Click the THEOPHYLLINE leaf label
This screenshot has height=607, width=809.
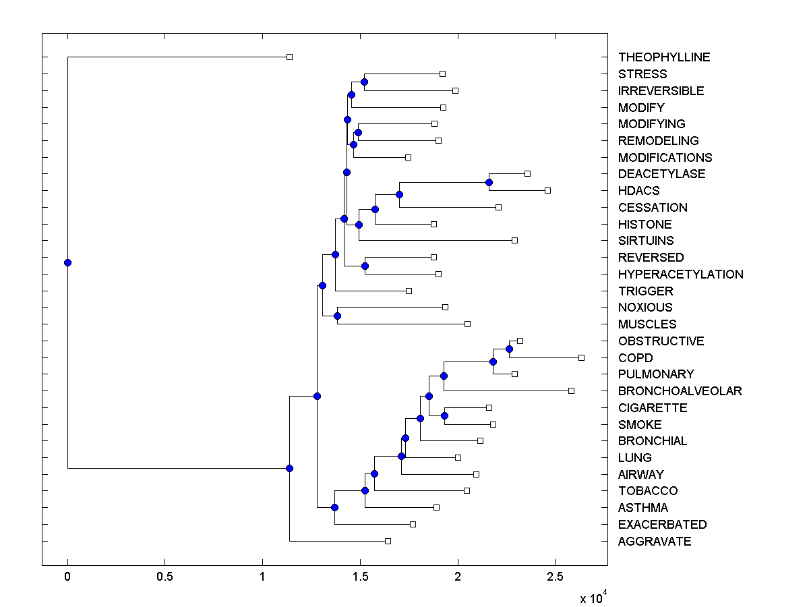pos(664,57)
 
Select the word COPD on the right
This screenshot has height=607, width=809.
pos(635,357)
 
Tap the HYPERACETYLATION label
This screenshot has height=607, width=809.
pos(680,274)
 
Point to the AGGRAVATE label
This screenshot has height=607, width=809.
pos(654,542)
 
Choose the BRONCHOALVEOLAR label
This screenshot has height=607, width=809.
pos(680,391)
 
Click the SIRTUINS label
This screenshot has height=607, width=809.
pos(646,241)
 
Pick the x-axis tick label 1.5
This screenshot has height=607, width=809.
pos(360,577)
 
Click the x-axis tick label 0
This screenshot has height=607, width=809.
pos(67,577)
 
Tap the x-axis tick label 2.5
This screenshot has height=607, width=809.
pos(555,577)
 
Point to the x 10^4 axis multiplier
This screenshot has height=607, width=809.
pos(593,598)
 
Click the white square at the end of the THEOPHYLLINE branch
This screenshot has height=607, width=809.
pos(289,57)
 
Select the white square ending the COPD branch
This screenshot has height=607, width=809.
pos(581,357)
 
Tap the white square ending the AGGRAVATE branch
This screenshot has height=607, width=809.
pos(388,541)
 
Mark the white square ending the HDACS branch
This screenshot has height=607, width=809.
pos(547,190)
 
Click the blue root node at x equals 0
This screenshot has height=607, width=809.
pos(67,262)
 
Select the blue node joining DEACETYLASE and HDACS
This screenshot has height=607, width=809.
pos(489,182)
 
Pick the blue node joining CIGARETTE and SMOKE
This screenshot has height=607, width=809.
pos(444,415)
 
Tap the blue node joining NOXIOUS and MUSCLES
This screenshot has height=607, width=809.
pos(337,316)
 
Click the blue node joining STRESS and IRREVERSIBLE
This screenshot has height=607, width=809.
pos(364,82)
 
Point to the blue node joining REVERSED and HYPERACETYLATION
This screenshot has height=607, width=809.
pos(365,266)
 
